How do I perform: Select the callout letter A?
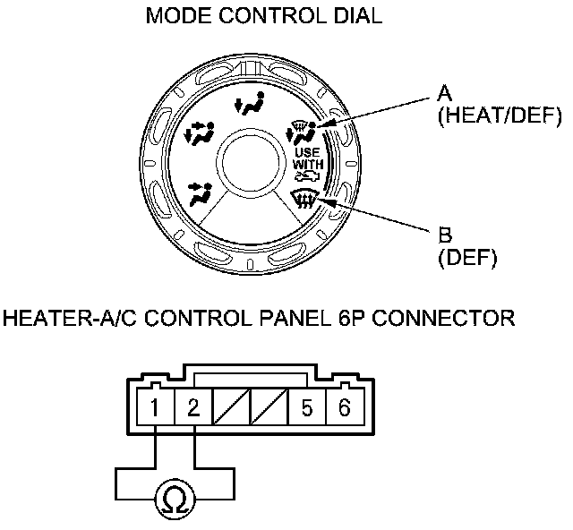(x=444, y=93)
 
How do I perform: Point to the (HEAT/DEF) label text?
(x=498, y=116)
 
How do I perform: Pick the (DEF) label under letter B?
(x=467, y=260)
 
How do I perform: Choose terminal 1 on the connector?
(x=156, y=410)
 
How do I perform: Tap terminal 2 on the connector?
(x=193, y=410)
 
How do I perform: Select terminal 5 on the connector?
(x=306, y=410)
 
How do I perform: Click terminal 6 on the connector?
(x=344, y=410)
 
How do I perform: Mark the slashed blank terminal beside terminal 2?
(x=231, y=410)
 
